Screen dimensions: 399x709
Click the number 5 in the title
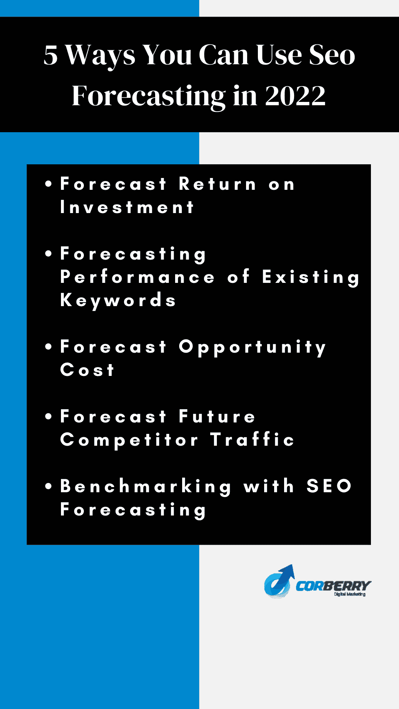click(x=51, y=55)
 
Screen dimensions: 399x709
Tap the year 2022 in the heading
click(x=295, y=96)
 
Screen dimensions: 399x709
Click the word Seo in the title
click(x=332, y=55)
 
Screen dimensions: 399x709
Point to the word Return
click(x=217, y=184)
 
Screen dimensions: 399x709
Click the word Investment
click(x=127, y=207)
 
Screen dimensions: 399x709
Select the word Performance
click(x=137, y=277)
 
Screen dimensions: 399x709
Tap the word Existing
click(x=310, y=278)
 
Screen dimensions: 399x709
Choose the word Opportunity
click(x=252, y=348)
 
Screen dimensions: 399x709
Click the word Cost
click(x=87, y=370)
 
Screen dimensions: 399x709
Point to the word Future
click(x=217, y=417)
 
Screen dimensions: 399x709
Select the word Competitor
click(x=129, y=440)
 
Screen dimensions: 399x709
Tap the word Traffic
click(x=252, y=439)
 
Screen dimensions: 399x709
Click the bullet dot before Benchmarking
click(x=48, y=486)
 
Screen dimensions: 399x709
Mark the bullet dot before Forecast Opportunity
click(x=48, y=347)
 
